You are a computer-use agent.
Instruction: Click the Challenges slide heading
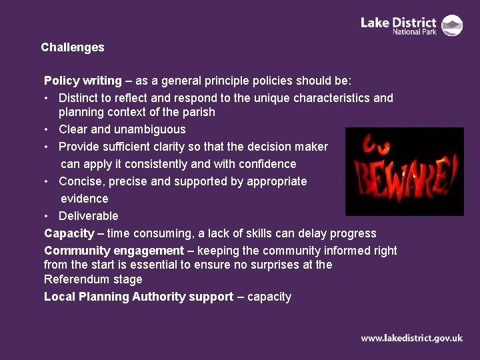[72, 47]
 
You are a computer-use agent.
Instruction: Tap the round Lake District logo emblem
[453, 25]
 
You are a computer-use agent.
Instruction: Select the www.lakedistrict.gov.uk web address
[411, 338]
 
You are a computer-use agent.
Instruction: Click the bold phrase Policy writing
[83, 81]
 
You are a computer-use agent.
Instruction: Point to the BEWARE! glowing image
[404, 171]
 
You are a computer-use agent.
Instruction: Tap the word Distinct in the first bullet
[78, 98]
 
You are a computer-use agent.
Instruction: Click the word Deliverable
[89, 216]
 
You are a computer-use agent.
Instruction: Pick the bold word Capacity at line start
[69, 233]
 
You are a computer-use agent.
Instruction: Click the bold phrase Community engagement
[113, 251]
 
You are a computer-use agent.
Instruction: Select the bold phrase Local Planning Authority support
[138, 297]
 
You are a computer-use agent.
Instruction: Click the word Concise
[79, 181]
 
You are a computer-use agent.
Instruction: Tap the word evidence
[84, 199]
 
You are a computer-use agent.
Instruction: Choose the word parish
[198, 112]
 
